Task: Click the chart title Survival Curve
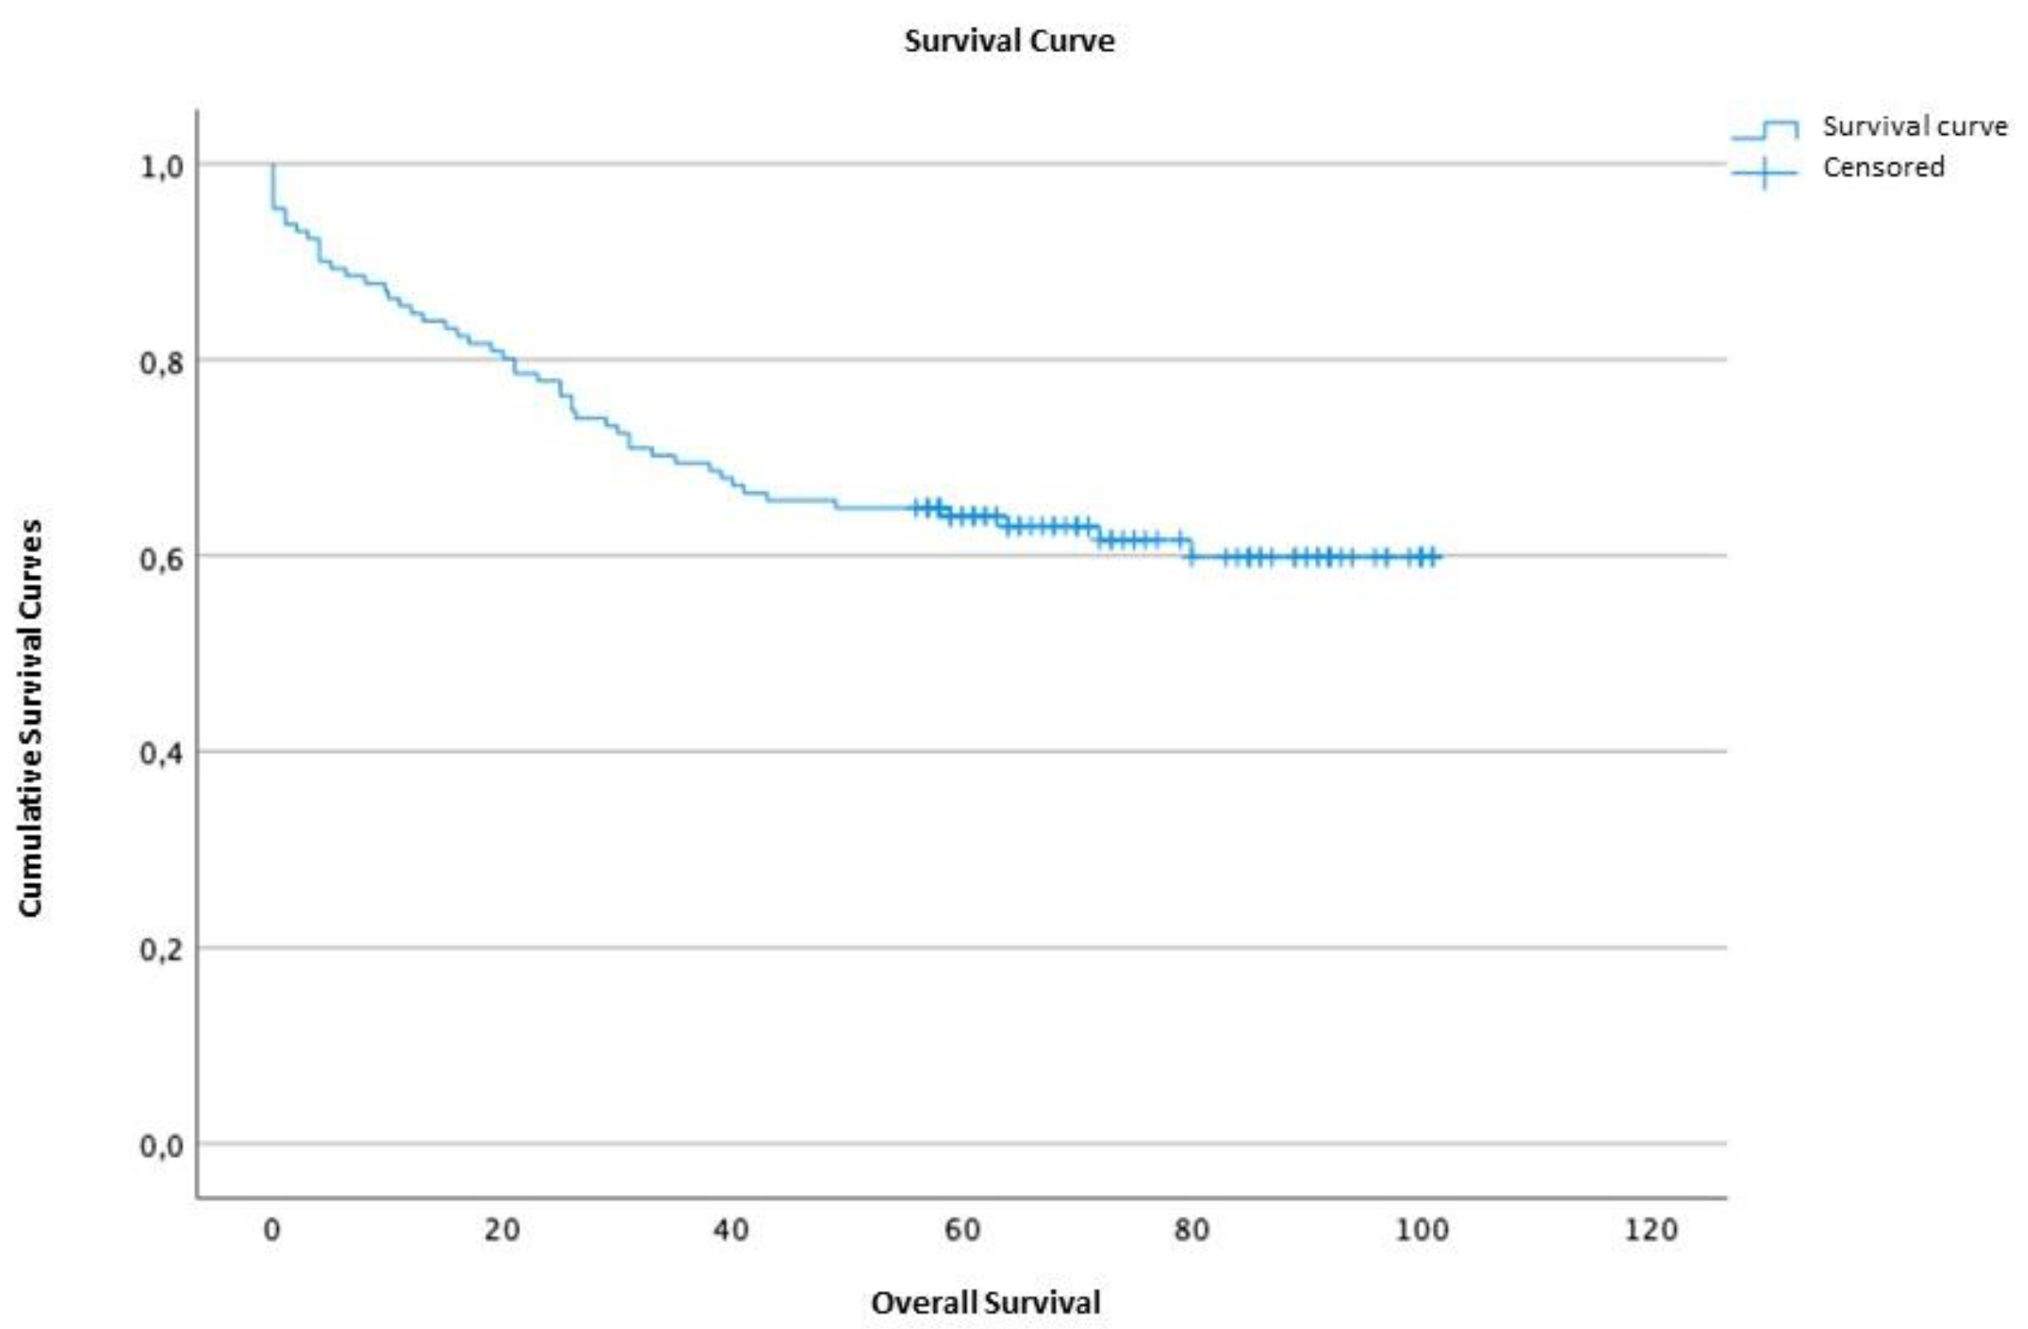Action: pyautogui.click(x=1009, y=41)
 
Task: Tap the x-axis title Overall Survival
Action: pyautogui.click(x=985, y=1303)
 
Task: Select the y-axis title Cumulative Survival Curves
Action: pyautogui.click(x=30, y=717)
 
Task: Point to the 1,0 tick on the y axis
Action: pyautogui.click(x=161, y=166)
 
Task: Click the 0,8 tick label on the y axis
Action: pyautogui.click(x=161, y=362)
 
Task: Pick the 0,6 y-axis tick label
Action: pyautogui.click(x=161, y=558)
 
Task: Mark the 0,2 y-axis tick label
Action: pyautogui.click(x=161, y=949)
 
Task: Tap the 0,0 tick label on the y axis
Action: pyautogui.click(x=161, y=1145)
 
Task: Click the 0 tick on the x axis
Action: pyautogui.click(x=271, y=1230)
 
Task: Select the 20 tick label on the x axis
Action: pyautogui.click(x=502, y=1230)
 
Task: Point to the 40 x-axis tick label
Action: pyautogui.click(x=731, y=1230)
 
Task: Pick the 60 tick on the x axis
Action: pyautogui.click(x=961, y=1230)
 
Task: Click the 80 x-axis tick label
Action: pyautogui.click(x=1191, y=1230)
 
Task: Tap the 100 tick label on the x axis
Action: pyautogui.click(x=1421, y=1230)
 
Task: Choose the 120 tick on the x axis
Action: pyautogui.click(x=1651, y=1230)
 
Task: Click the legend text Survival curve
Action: pyautogui.click(x=1915, y=126)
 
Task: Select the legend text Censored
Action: pyautogui.click(x=1883, y=167)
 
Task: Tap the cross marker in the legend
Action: pyautogui.click(x=1764, y=172)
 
